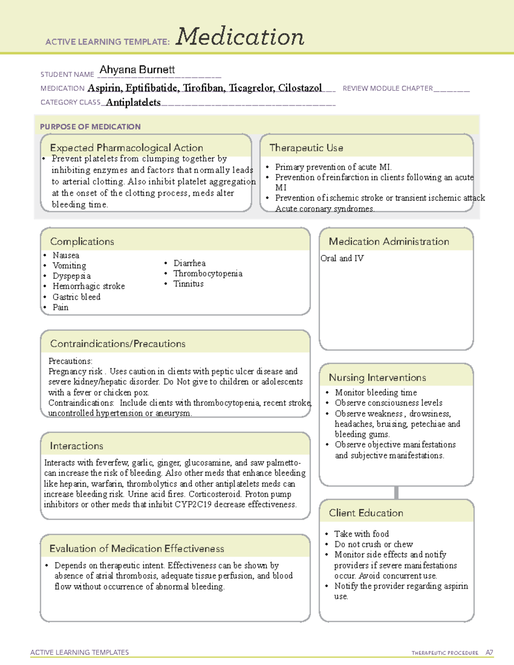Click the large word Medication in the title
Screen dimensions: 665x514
tap(240, 37)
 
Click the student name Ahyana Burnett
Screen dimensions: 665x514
tap(137, 70)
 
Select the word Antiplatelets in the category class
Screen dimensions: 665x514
tap(133, 102)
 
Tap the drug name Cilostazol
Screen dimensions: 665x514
tap(300, 88)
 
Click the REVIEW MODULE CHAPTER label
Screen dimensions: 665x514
tap(388, 89)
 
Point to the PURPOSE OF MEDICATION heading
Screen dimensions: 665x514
tap(90, 127)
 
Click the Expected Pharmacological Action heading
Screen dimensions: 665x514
tap(126, 148)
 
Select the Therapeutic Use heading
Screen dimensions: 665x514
tap(306, 148)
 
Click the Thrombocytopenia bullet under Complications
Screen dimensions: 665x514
tap(208, 274)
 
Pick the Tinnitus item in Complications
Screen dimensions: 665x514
tap(188, 284)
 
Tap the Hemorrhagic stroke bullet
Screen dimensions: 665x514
tap(89, 286)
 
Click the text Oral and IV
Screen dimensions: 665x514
tap(342, 258)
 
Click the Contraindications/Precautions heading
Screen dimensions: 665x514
tap(118, 343)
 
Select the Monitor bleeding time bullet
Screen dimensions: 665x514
tap(376, 392)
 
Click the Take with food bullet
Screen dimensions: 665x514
tap(362, 534)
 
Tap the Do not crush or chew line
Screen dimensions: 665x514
tap(374, 544)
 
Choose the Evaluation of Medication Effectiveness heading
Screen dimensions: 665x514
tap(137, 549)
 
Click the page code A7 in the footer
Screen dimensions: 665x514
tap(489, 653)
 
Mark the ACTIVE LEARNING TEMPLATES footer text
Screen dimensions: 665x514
tap(80, 652)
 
